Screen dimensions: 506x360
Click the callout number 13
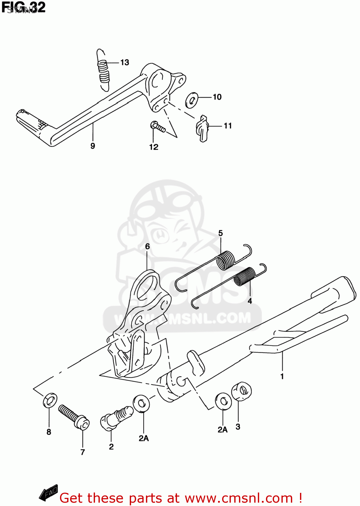[x=124, y=62]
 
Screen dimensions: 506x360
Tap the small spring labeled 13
[x=103, y=71]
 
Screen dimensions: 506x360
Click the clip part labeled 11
[x=202, y=129]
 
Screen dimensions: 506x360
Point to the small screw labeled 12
[x=158, y=127]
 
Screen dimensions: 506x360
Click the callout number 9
[x=93, y=146]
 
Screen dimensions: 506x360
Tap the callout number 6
[x=147, y=247]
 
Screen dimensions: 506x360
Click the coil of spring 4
[x=245, y=277]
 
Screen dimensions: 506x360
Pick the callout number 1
[x=282, y=376]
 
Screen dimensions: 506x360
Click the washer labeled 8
[x=50, y=400]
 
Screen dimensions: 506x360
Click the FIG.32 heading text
[x=23, y=7]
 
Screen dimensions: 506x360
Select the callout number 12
[x=153, y=147]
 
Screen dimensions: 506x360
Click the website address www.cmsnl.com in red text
[x=239, y=498]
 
